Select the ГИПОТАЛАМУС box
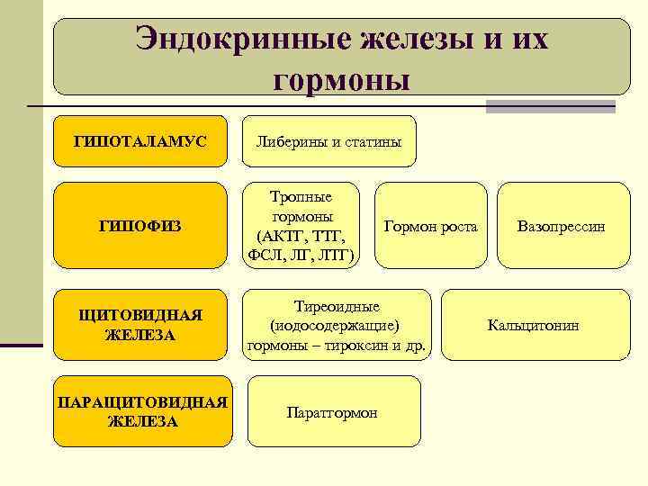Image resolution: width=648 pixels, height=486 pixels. point(140,142)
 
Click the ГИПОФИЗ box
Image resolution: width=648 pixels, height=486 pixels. point(140,226)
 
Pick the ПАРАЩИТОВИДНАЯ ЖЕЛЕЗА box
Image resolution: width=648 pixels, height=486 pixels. point(140,411)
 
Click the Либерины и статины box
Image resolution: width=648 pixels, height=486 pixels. point(328,142)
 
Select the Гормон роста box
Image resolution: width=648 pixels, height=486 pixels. point(430,226)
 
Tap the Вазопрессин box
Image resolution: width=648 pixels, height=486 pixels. point(561,226)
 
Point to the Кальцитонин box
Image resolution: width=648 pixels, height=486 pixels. point(533,325)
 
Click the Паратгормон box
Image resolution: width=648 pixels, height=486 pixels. point(332,412)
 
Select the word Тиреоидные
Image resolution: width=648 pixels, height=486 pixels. point(337,307)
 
